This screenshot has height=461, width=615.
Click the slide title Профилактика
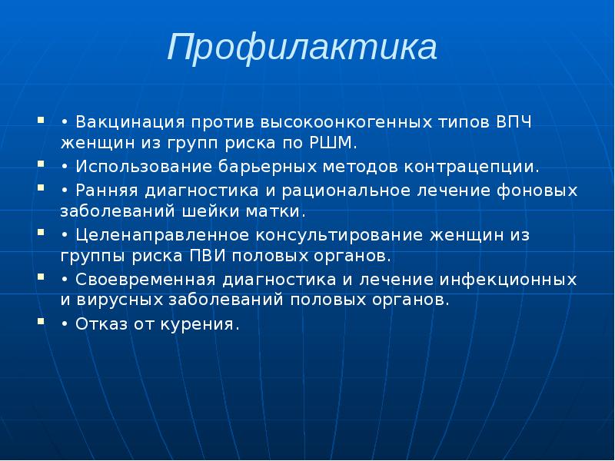click(303, 48)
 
